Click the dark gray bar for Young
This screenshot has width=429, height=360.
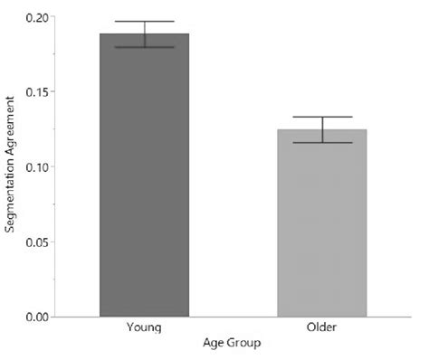[x=145, y=181]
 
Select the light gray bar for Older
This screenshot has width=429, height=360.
[x=321, y=226]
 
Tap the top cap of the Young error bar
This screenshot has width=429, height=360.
[x=145, y=22]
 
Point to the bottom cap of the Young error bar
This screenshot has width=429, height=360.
[x=145, y=47]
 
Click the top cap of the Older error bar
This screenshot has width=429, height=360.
[x=321, y=117]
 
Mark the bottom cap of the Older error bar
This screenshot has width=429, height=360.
[x=321, y=143]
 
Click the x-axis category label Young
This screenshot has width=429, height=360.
[x=145, y=327]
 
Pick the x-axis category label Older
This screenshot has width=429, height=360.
[x=321, y=327]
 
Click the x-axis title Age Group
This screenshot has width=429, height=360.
[x=233, y=345]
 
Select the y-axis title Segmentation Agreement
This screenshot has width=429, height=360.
[x=11, y=167]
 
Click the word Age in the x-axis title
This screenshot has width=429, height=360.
[x=215, y=345]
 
